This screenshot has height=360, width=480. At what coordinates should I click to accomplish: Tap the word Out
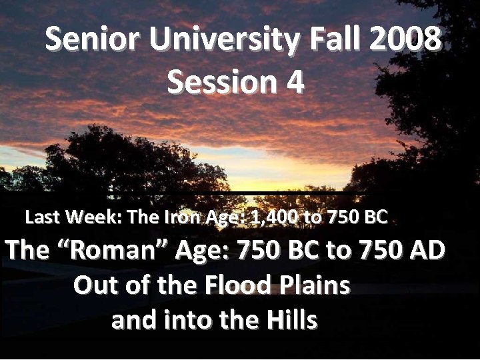95,286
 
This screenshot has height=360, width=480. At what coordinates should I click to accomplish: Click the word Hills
291,321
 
